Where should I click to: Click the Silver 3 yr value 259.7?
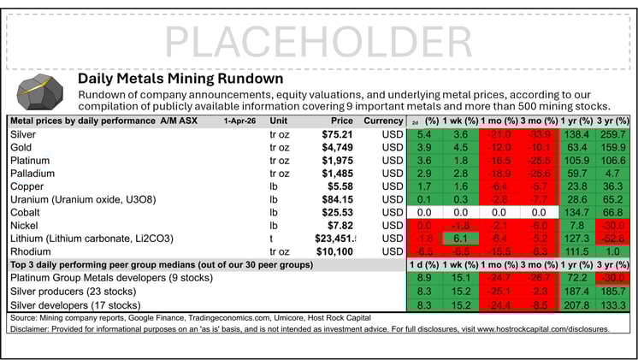611,135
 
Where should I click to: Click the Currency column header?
381,121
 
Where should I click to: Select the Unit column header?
280,121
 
